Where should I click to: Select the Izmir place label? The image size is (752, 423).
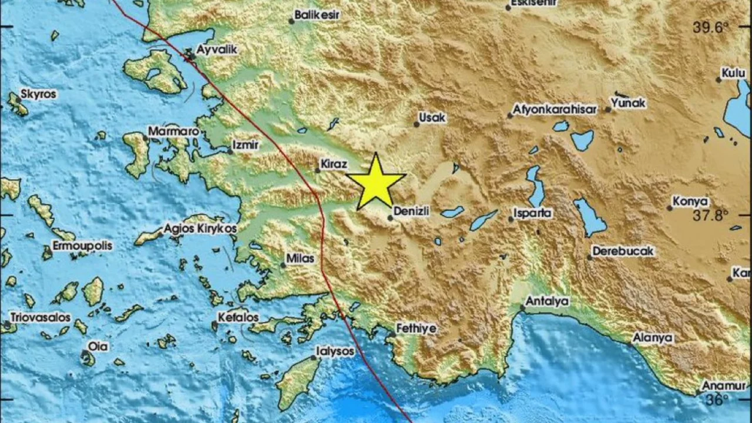(x=246, y=143)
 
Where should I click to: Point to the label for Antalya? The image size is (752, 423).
(x=547, y=301)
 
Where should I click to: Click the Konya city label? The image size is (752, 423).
(x=690, y=201)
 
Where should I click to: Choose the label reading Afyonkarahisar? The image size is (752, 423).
(x=555, y=109)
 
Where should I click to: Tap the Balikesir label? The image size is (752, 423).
(x=317, y=15)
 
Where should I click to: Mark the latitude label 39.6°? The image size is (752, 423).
(x=710, y=26)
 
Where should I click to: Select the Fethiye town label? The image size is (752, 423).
(x=417, y=328)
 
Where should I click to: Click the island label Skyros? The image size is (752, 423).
(x=38, y=93)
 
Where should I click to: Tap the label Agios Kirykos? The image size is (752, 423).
(x=200, y=228)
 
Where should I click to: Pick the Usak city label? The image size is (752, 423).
(x=433, y=117)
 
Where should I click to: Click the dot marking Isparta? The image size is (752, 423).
(x=511, y=219)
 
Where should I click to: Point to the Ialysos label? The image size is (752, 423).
(x=335, y=351)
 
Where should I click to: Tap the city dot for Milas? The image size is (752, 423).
(x=283, y=265)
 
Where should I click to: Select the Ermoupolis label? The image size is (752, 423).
(x=82, y=246)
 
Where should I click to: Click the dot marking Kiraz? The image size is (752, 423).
(x=318, y=171)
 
